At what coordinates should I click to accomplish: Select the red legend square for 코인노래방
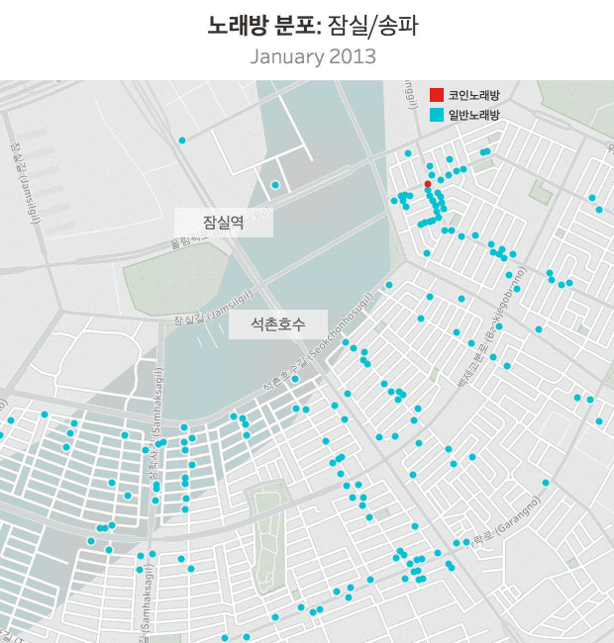click(436, 95)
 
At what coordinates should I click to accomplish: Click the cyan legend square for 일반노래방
click(436, 115)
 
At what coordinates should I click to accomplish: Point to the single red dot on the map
click(427, 184)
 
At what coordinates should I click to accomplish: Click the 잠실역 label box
click(223, 224)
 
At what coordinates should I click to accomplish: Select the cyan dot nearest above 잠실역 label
click(275, 184)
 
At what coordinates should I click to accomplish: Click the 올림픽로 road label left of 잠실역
click(188, 239)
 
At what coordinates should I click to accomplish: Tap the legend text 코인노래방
click(473, 95)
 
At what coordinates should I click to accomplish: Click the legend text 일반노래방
click(473, 115)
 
